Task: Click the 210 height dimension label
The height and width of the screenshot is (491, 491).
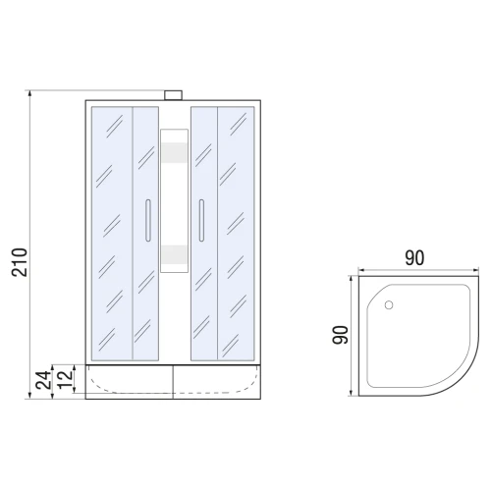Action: tap(20, 262)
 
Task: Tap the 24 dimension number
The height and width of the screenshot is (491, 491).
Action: tap(44, 380)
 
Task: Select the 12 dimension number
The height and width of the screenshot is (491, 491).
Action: tap(65, 379)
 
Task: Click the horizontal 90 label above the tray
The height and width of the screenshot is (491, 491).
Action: tap(414, 258)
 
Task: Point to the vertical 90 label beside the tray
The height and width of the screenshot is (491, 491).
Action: tap(340, 335)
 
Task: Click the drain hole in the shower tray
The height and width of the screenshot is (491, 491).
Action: tap(389, 305)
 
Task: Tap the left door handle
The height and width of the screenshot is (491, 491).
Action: tap(148, 220)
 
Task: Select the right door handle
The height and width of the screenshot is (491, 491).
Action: tap(201, 220)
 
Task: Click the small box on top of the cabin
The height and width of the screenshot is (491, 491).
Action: tap(173, 95)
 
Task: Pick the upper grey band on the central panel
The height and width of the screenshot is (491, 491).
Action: tap(174, 152)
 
